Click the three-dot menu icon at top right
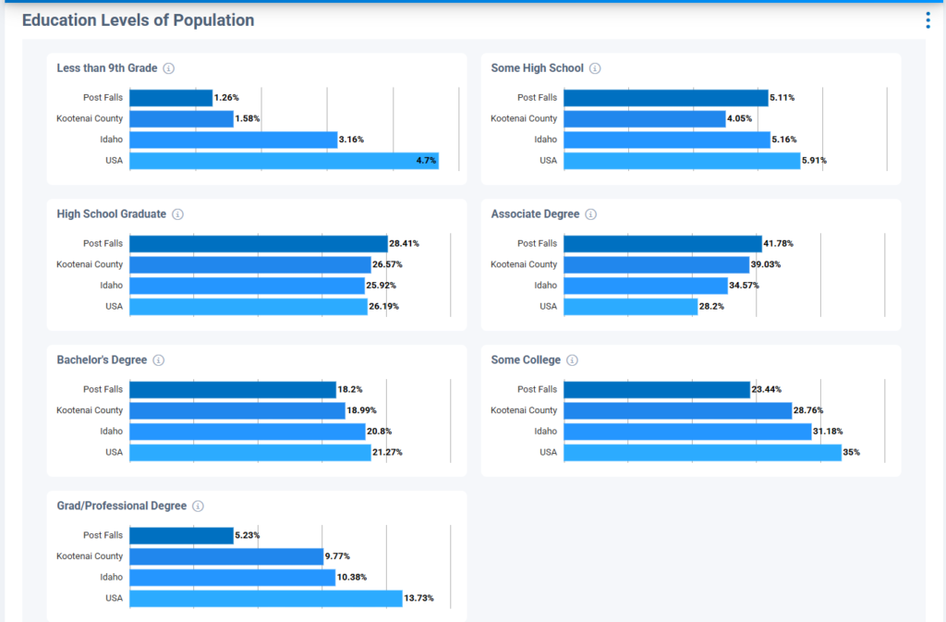pos(928,20)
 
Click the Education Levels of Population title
pos(138,20)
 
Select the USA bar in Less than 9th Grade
pos(284,161)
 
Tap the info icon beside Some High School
pos(595,68)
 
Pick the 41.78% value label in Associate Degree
pos(778,244)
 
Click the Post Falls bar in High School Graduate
pos(258,244)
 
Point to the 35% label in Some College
pos(851,453)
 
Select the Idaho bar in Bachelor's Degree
pos(247,432)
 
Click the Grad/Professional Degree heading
pos(121,506)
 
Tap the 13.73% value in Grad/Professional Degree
pos(418,599)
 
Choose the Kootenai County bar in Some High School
pos(644,119)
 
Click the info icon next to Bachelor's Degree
pos(159,360)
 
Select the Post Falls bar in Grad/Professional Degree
pos(181,536)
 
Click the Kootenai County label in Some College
pos(524,410)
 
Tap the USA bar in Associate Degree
pos(630,307)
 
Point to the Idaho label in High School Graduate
pos(111,286)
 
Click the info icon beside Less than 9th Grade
pos(169,68)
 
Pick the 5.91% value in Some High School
pos(814,161)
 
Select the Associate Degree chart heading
pos(535,214)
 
